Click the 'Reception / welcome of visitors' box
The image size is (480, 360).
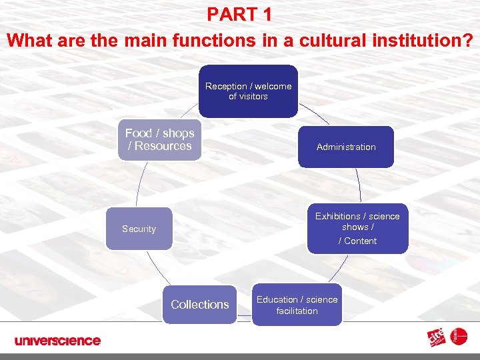tap(248, 91)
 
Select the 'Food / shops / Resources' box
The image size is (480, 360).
tap(159, 140)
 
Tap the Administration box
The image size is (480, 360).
tap(346, 147)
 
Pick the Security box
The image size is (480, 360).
tap(139, 229)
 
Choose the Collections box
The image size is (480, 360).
tap(199, 305)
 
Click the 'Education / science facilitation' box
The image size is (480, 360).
tap(297, 305)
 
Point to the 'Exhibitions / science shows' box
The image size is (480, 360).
tap(357, 228)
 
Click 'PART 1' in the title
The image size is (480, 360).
tap(239, 14)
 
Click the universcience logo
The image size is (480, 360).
tap(57, 341)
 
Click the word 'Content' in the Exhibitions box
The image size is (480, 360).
tap(361, 241)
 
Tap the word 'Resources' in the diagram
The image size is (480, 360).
tap(163, 147)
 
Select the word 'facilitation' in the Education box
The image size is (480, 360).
tap(297, 311)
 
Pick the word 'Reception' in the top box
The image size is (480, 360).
tap(226, 86)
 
